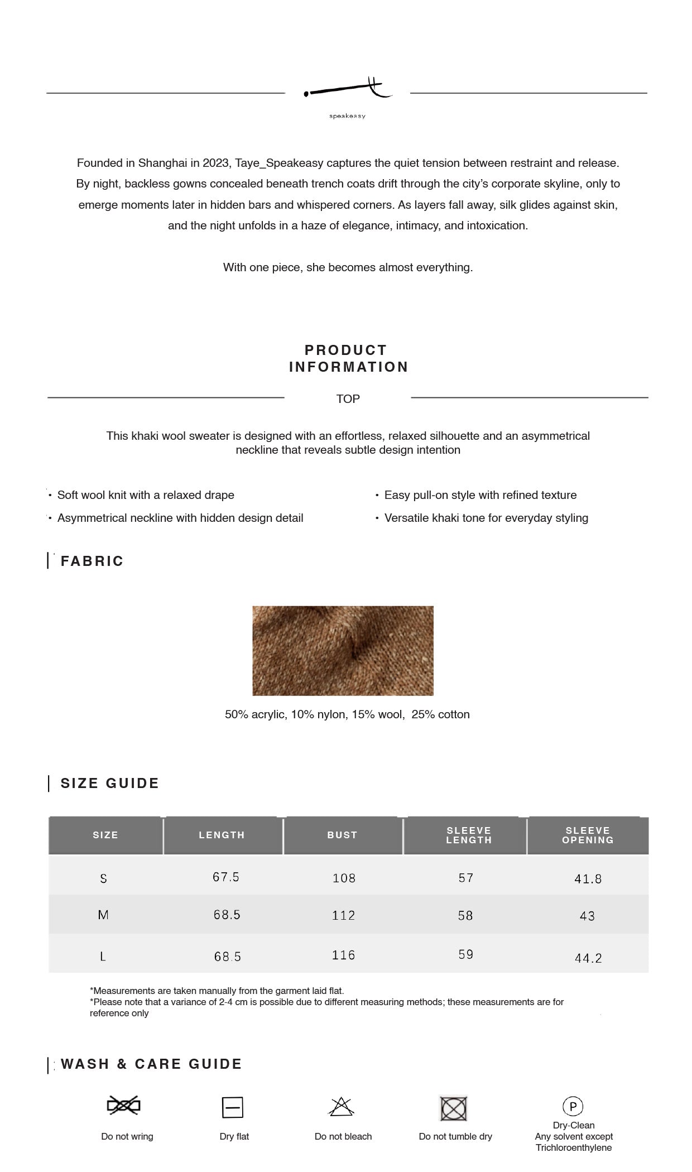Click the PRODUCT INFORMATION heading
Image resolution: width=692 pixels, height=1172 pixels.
pyautogui.click(x=348, y=358)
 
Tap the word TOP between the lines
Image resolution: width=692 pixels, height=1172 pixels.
pyautogui.click(x=348, y=398)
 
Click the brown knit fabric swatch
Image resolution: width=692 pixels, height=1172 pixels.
pyautogui.click(x=343, y=650)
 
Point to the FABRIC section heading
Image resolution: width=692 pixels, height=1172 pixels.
pyautogui.click(x=92, y=561)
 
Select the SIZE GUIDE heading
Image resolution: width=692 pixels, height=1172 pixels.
pyautogui.click(x=110, y=783)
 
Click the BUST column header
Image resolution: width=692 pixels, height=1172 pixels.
pyautogui.click(x=342, y=835)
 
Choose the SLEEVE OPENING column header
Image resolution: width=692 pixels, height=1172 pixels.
pyautogui.click(x=588, y=835)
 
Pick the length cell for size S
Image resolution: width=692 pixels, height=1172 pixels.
pyautogui.click(x=226, y=877)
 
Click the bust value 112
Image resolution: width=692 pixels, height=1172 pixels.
pyautogui.click(x=343, y=915)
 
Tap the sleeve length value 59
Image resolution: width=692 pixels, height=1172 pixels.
pyautogui.click(x=466, y=954)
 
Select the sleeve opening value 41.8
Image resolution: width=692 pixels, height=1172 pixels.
pyautogui.click(x=588, y=879)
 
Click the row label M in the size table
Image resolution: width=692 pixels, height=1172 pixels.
pyautogui.click(x=103, y=915)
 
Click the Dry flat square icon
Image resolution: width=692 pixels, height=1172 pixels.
pyautogui.click(x=232, y=1107)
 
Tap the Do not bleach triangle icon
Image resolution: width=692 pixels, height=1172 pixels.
pyautogui.click(x=342, y=1106)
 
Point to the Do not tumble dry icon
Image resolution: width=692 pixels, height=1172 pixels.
pyautogui.click(x=454, y=1108)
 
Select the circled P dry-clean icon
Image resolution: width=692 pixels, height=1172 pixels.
pyautogui.click(x=573, y=1106)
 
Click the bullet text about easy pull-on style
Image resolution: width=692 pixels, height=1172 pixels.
pyautogui.click(x=480, y=495)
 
